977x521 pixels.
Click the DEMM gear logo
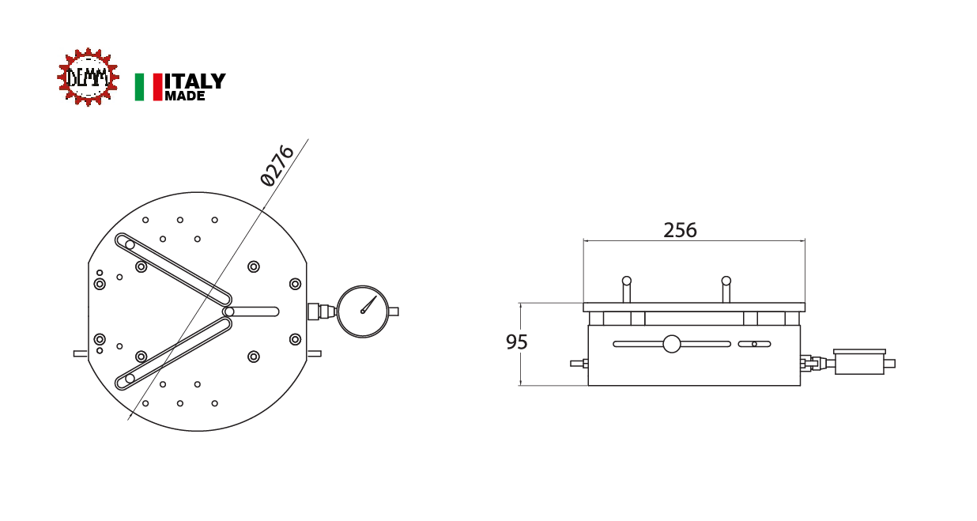click(88, 77)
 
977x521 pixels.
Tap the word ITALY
click(195, 81)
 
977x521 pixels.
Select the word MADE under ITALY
click(185, 96)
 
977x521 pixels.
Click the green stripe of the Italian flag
click(139, 87)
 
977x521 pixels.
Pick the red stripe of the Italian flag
click(158, 87)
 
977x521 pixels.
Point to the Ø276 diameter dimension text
click(277, 165)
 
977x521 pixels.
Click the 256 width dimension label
click(680, 230)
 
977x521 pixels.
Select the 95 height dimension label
click(517, 342)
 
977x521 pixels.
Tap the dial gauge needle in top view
click(369, 304)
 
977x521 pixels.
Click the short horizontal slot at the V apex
click(251, 311)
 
